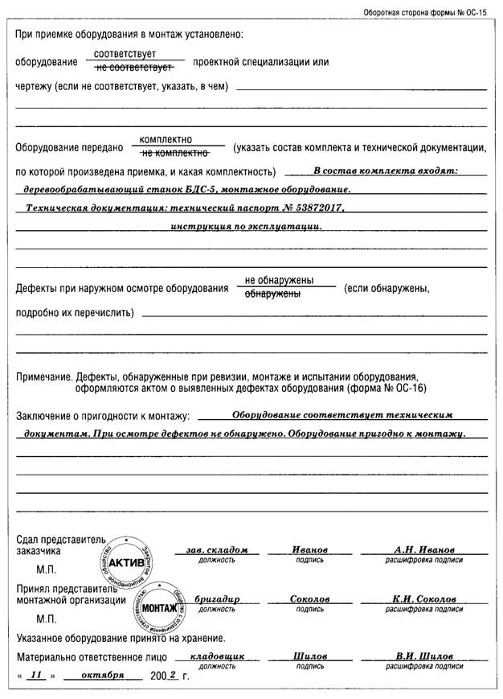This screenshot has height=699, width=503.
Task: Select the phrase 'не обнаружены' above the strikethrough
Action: coord(279,281)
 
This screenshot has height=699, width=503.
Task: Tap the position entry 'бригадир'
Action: coord(205,600)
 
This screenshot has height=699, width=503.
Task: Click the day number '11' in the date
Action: coord(35,676)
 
